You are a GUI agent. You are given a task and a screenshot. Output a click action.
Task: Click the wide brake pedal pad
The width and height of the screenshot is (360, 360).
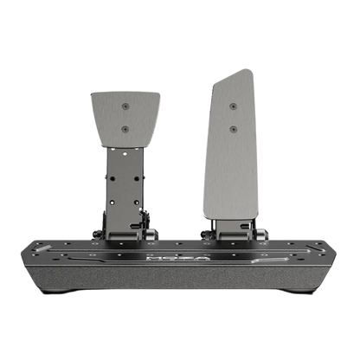coord(125,117)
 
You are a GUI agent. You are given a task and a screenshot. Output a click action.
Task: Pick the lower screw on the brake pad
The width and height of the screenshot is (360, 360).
coord(126,129)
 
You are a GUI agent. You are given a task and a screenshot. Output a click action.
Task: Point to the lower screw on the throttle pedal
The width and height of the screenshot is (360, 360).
coord(233,129)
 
